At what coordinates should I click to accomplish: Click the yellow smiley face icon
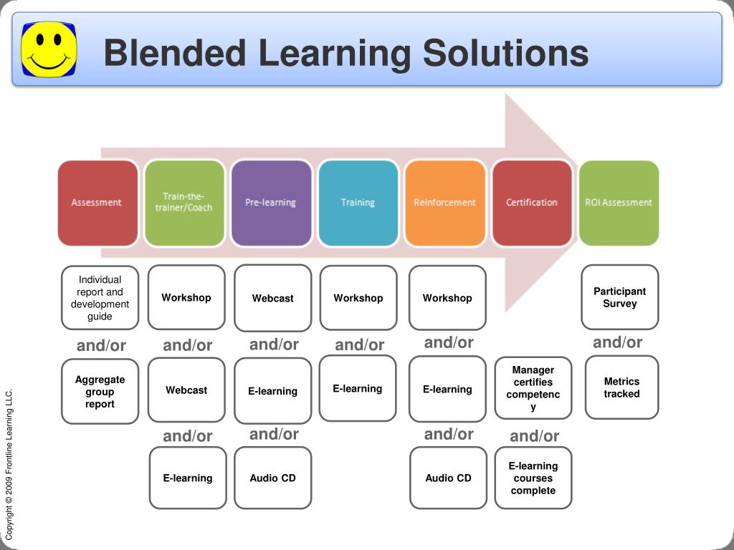pyautogui.click(x=49, y=49)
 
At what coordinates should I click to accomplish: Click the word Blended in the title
pyautogui.click(x=174, y=54)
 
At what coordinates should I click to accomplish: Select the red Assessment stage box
pyautogui.click(x=97, y=203)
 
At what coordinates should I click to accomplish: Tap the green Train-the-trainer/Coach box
pyautogui.click(x=184, y=203)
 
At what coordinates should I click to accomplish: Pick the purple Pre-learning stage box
pyautogui.click(x=271, y=203)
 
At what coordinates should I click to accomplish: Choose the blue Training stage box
pyautogui.click(x=358, y=203)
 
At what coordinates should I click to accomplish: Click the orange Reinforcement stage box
pyautogui.click(x=444, y=203)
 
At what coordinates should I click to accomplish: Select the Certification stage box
pyautogui.click(x=532, y=203)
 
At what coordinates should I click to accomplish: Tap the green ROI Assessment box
pyautogui.click(x=619, y=203)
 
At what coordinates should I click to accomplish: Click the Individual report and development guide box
pyautogui.click(x=100, y=298)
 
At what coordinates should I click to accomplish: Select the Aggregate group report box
pyautogui.click(x=100, y=392)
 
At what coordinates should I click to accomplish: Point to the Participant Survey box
pyautogui.click(x=620, y=297)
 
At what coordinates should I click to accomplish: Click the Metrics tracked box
pyautogui.click(x=621, y=387)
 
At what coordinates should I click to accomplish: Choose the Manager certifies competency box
pyautogui.click(x=533, y=388)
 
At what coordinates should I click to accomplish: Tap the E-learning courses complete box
pyautogui.click(x=533, y=478)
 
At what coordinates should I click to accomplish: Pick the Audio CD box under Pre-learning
pyautogui.click(x=273, y=478)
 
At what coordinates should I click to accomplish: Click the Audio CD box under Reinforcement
pyautogui.click(x=448, y=478)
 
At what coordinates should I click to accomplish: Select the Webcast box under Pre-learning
pyautogui.click(x=273, y=298)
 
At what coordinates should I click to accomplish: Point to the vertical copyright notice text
pyautogui.click(x=9, y=464)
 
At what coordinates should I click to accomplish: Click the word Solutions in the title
pyautogui.click(x=506, y=54)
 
